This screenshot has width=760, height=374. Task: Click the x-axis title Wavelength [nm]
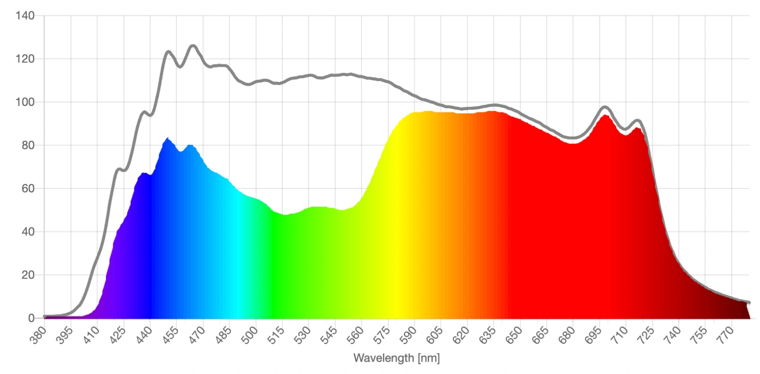pos(396,358)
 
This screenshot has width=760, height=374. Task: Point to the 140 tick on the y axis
pos(25,16)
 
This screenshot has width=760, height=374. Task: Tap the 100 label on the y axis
pos(25,102)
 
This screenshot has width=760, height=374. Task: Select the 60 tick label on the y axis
pos(28,188)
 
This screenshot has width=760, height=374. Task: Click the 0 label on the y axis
pos(31,318)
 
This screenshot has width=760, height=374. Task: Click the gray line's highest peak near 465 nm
pos(193,46)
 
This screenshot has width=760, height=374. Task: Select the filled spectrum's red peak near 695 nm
pos(605,115)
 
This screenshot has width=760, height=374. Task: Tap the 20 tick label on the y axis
pos(28,275)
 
